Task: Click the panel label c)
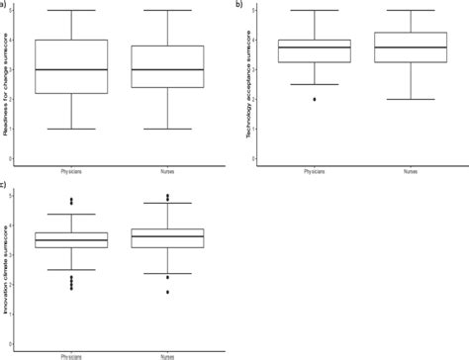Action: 5,184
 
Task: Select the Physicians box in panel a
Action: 71,66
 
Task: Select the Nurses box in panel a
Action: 167,66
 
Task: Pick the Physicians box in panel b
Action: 315,50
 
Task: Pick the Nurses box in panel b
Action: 406,47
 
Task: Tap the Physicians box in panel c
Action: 71,239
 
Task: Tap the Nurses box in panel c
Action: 167,238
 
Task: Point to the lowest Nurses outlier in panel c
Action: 167,292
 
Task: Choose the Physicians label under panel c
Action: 71,353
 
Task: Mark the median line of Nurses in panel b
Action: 406,47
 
